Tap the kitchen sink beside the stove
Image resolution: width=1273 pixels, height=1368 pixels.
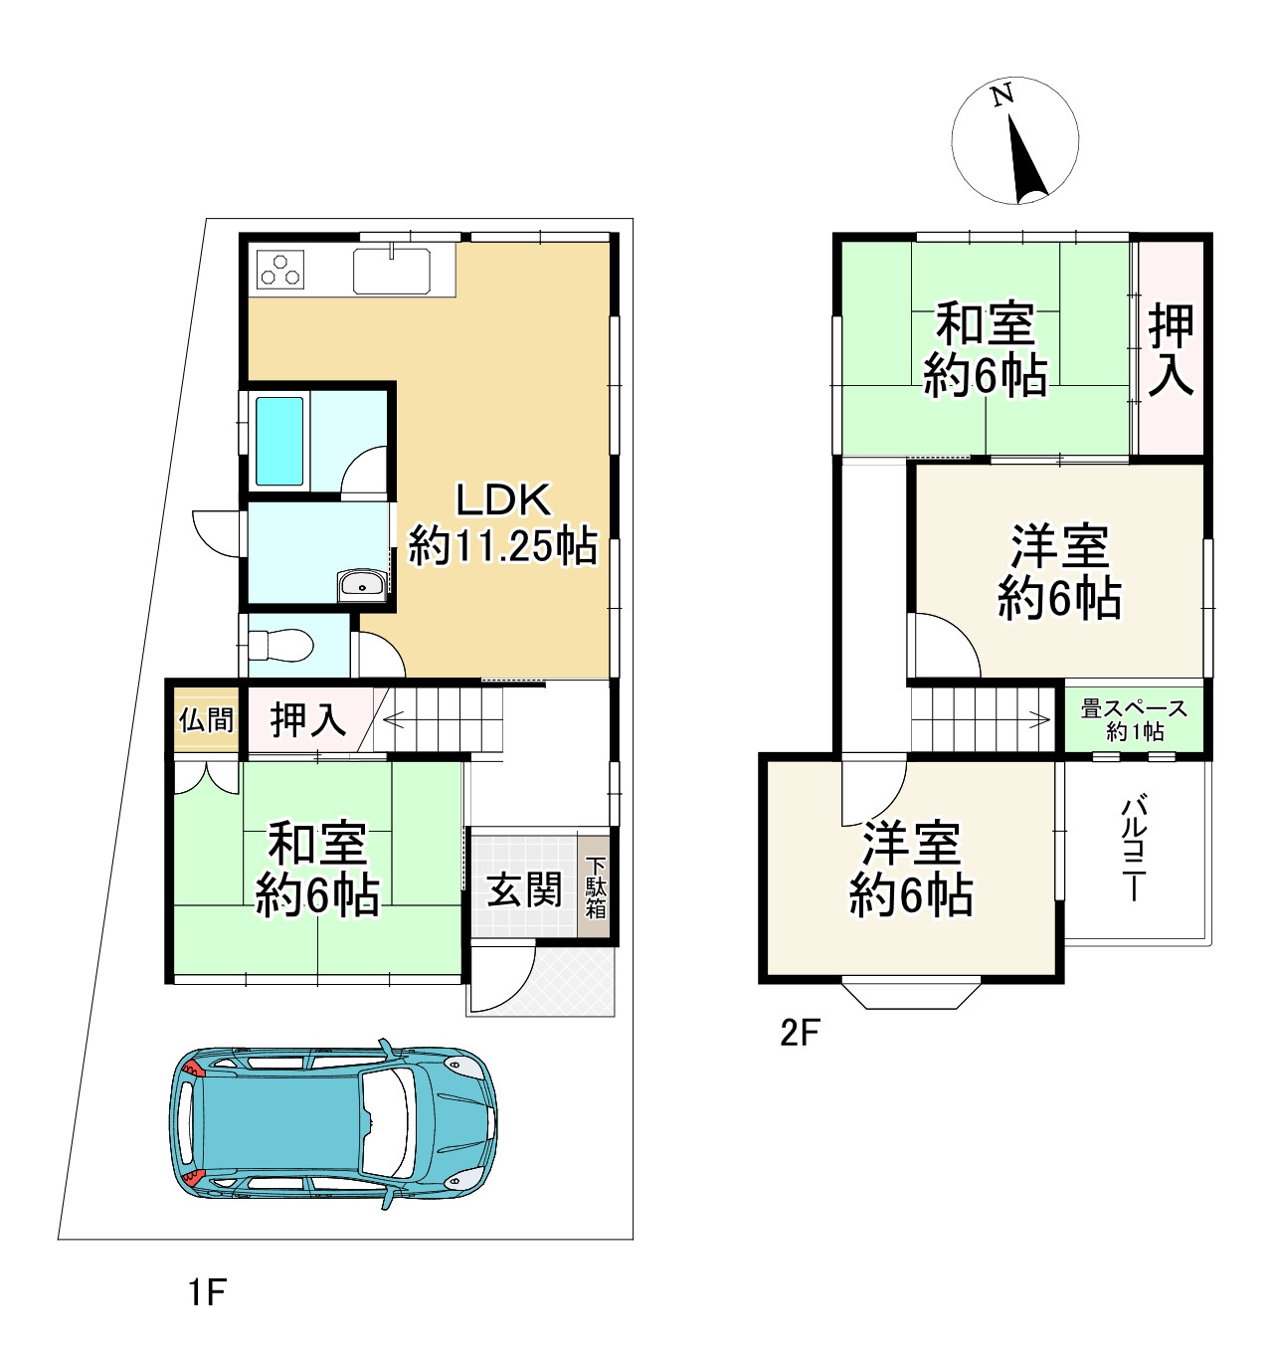392,271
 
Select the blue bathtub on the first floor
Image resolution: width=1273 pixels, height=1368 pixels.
279,441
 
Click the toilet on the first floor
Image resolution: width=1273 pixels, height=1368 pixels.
282,646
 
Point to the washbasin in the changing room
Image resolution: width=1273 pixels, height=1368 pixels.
361,586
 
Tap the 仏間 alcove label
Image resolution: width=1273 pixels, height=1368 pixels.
206,719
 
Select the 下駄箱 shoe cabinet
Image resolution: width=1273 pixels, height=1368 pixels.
595,887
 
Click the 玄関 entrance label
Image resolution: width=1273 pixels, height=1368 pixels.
523,889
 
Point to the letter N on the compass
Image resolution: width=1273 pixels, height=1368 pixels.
1001,96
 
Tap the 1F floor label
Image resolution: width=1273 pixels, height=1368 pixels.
208,1292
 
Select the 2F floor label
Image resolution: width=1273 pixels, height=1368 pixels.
799,1034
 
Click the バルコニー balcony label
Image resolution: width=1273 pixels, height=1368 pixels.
1134,848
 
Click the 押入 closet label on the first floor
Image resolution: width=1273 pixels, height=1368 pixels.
308,719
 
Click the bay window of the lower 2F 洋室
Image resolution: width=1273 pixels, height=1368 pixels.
911,994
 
